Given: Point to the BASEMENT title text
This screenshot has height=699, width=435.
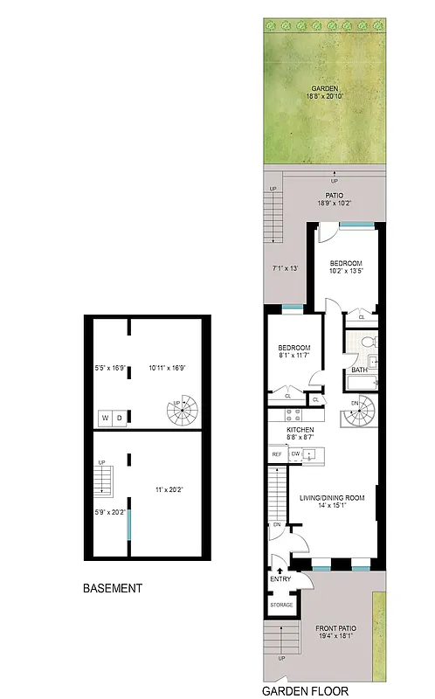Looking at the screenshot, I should coord(112,588).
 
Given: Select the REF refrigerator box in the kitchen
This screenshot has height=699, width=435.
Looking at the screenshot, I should coord(276,454).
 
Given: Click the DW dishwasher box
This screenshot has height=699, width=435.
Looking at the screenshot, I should coord(296,453).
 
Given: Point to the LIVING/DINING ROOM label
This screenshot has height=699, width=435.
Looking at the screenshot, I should coord(332,498).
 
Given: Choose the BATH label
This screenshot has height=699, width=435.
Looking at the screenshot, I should coord(359,370).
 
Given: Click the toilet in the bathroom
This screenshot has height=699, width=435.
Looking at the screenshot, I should coord(369,342).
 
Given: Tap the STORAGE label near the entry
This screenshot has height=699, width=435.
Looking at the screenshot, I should coord(281,604).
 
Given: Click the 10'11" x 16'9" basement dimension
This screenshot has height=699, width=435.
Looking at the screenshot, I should coord(170,368).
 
